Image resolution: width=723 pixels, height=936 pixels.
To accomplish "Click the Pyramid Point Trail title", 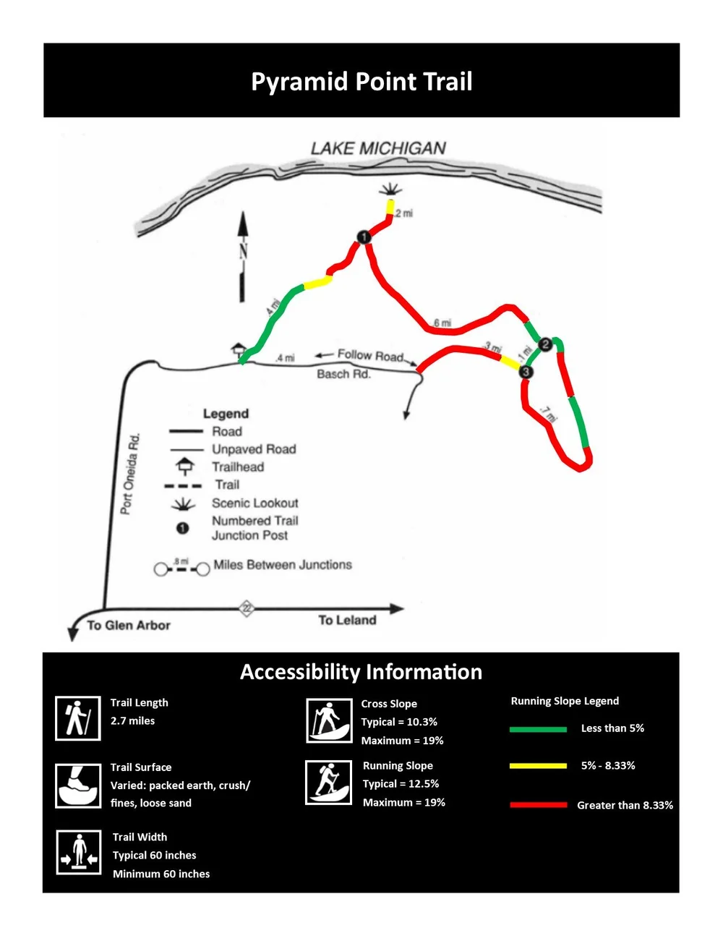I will [361, 81].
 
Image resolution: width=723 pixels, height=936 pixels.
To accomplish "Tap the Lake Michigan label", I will [378, 148].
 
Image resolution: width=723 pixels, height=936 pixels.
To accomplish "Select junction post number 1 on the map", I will [364, 237].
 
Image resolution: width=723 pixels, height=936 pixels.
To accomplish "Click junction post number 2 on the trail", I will [546, 344].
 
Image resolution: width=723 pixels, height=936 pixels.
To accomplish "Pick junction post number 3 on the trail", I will [526, 372].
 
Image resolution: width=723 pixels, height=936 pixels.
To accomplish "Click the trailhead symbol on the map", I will [239, 350].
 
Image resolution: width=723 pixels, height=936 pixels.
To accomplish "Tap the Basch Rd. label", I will [343, 374].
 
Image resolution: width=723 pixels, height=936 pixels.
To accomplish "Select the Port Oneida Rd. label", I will [130, 474].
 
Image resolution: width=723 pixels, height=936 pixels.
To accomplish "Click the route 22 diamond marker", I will [247, 608].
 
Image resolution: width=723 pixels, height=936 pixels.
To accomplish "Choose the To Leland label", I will [347, 620].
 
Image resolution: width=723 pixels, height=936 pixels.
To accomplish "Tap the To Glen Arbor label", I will [129, 625].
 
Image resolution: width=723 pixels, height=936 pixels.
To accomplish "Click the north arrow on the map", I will [243, 257].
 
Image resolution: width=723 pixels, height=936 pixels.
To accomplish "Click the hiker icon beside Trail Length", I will [78, 718].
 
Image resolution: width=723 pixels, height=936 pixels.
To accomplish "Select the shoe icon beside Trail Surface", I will [78, 786].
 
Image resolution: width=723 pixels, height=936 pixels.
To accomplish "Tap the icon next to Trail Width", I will [78, 852].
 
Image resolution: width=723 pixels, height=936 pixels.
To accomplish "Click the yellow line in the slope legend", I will [538, 765].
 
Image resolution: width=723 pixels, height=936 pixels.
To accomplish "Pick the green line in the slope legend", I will [538, 729].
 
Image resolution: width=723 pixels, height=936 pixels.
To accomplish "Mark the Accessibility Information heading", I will [361, 672].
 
